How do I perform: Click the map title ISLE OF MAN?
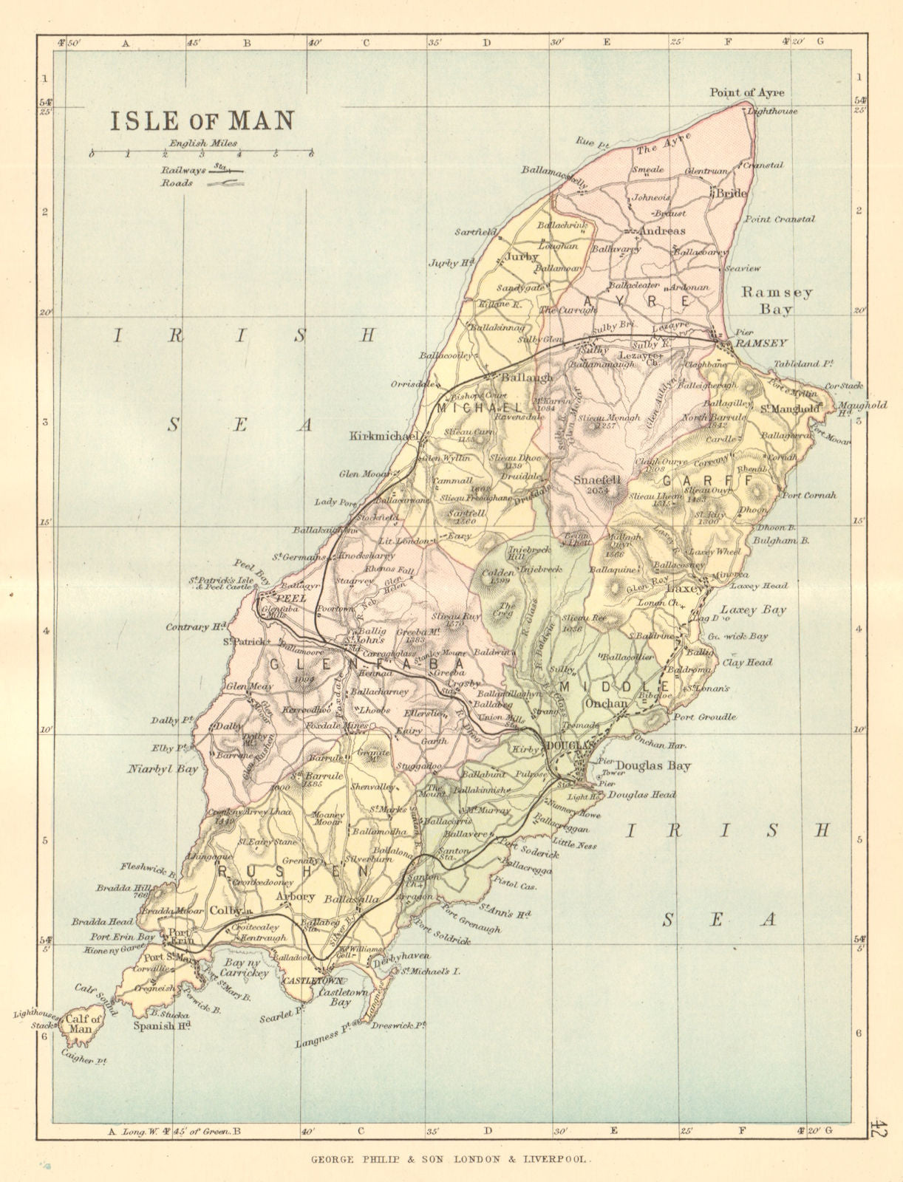pos(202,120)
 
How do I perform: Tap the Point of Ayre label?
pos(746,92)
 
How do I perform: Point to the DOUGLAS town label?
pos(570,746)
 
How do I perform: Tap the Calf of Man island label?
pos(84,1024)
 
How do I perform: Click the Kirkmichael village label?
pos(383,437)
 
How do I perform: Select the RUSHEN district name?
pos(291,871)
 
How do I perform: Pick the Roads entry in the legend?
pos(177,183)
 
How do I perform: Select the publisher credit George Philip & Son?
pos(450,1161)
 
